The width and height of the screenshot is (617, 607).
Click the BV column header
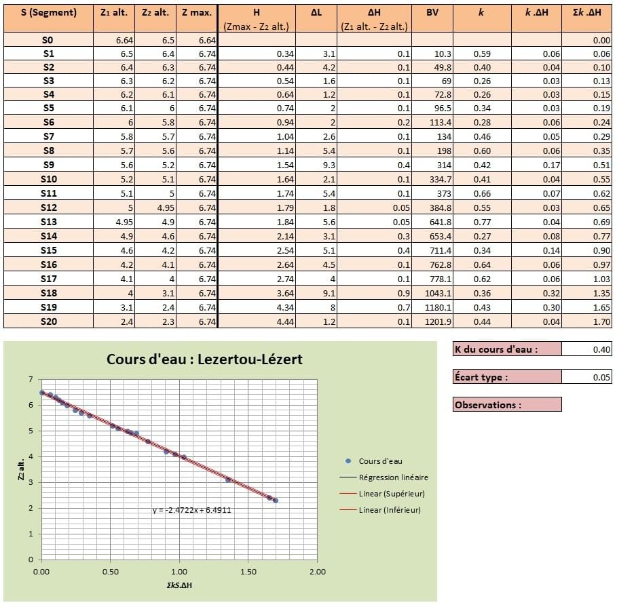(x=432, y=12)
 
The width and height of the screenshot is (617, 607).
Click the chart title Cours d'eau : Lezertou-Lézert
(x=204, y=359)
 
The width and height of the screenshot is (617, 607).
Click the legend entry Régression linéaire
(x=393, y=477)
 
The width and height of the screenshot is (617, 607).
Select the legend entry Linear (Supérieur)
(x=392, y=494)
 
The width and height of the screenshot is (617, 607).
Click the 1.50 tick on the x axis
(x=248, y=572)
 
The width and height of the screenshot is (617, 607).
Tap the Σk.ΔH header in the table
(x=588, y=12)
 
